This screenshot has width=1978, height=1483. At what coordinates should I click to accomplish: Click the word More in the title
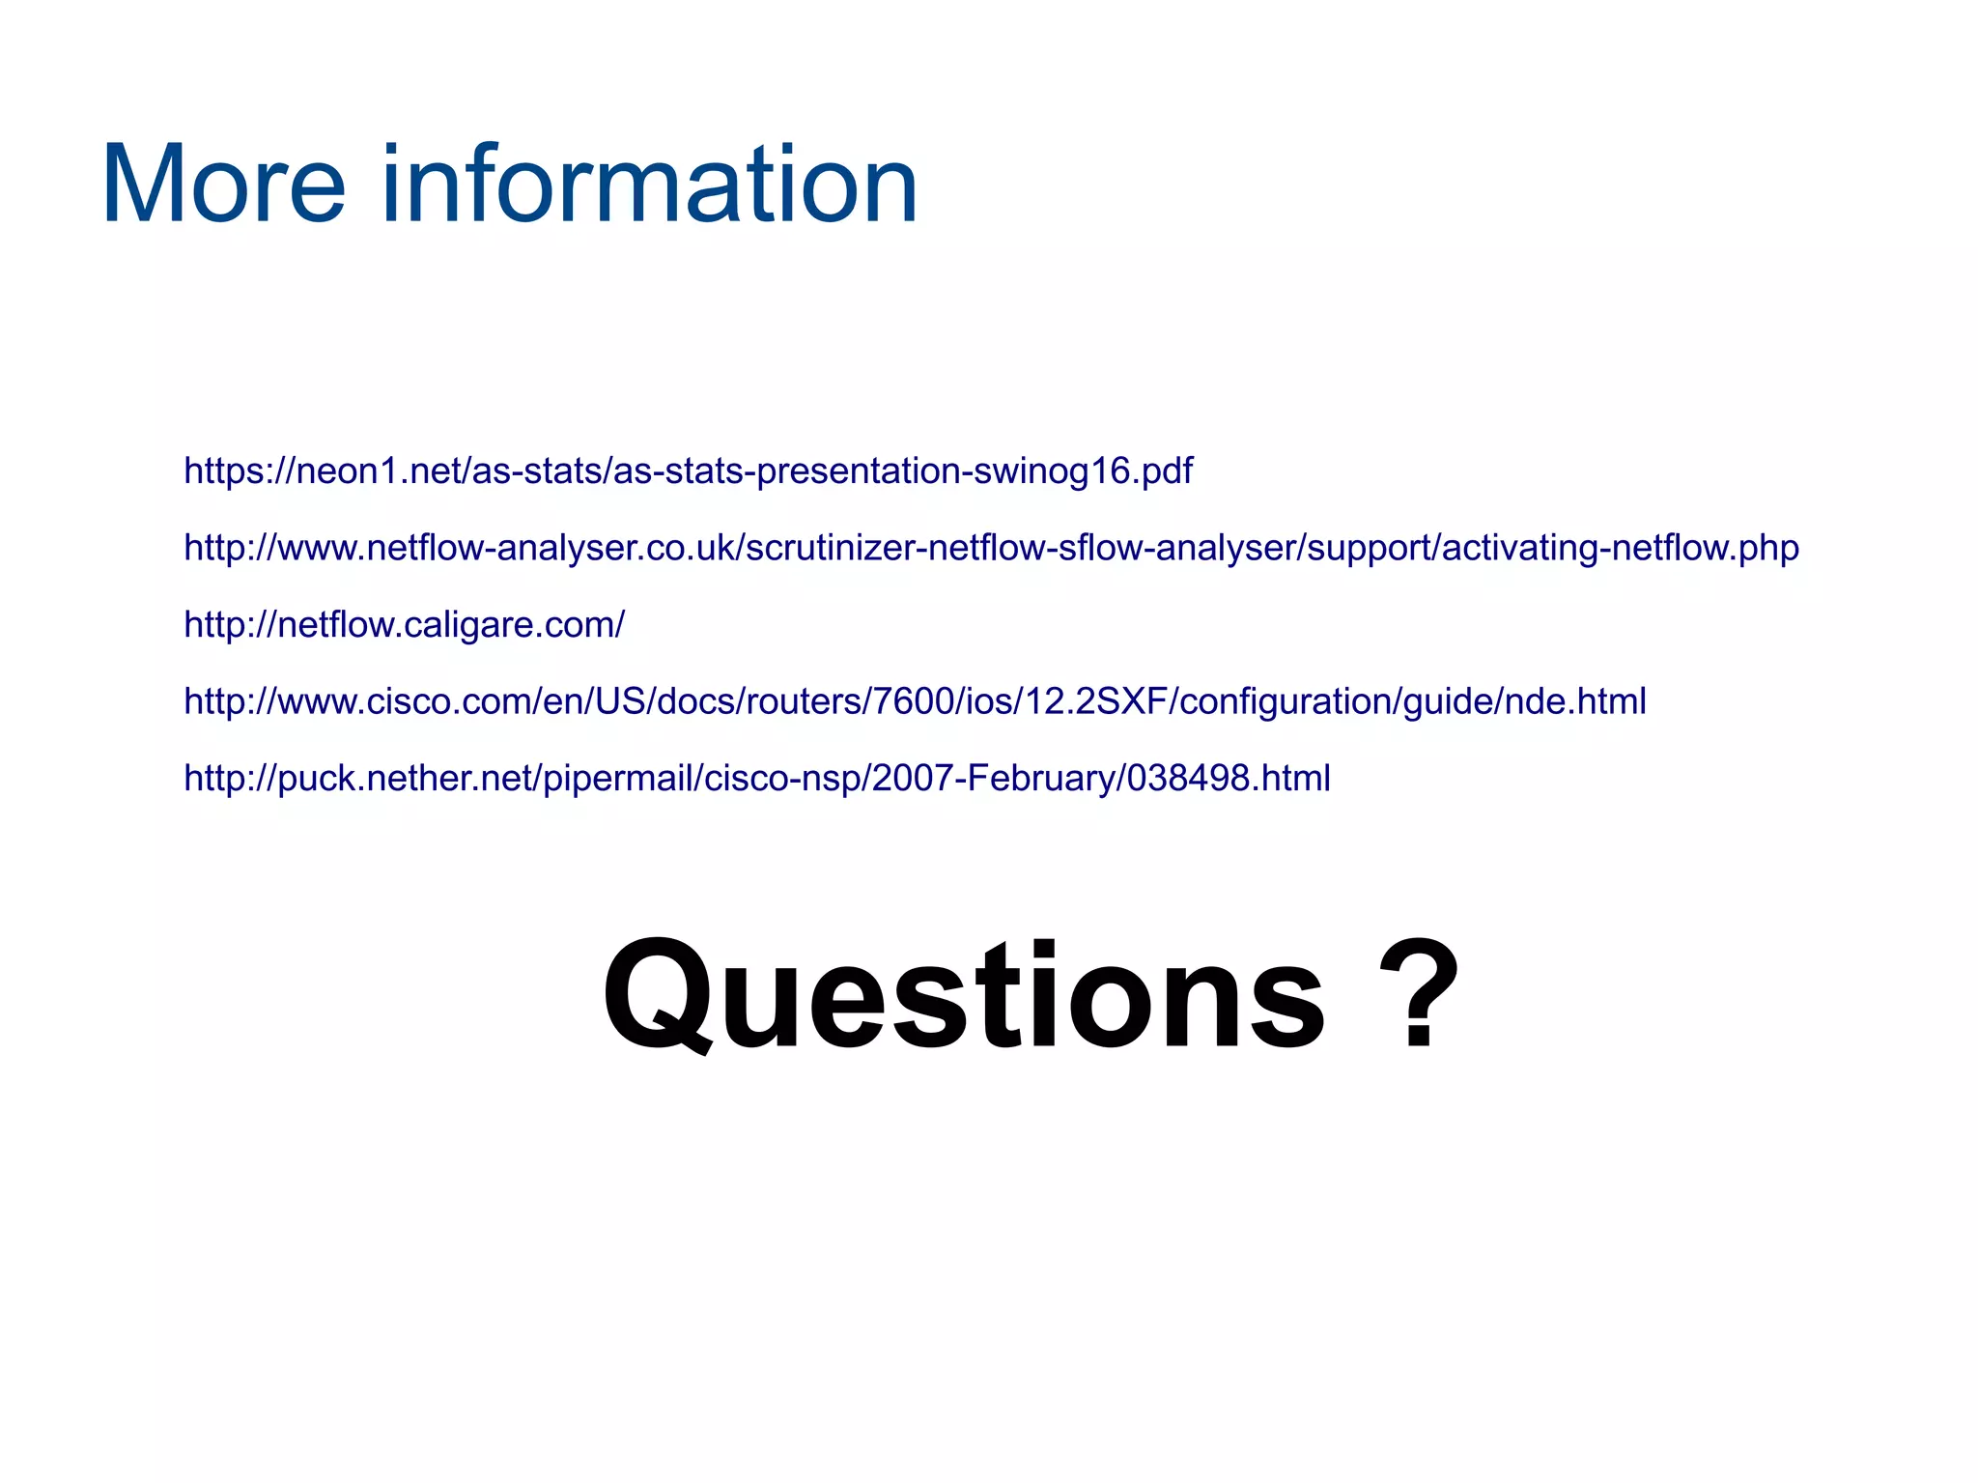click(x=223, y=185)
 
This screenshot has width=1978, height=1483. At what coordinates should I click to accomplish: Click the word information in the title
click(x=649, y=185)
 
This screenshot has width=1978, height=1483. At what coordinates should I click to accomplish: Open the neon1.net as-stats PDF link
click(x=688, y=471)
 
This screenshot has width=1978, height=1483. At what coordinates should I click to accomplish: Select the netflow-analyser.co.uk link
click(x=991, y=548)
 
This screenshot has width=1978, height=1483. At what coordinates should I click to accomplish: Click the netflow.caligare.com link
click(x=404, y=625)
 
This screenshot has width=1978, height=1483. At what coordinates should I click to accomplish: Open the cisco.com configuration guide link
click(x=915, y=701)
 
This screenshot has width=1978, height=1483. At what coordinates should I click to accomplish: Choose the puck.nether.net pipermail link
click(x=756, y=779)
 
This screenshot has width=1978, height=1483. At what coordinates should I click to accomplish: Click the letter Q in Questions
click(x=657, y=995)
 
